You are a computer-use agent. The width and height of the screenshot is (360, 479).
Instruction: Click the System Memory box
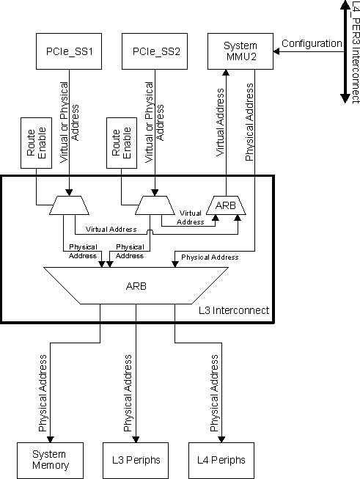(50, 460)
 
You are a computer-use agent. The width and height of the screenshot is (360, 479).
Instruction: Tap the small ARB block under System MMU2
(227, 206)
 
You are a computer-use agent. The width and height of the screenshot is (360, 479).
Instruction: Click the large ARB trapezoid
(136, 285)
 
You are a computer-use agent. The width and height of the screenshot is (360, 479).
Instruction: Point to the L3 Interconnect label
(233, 311)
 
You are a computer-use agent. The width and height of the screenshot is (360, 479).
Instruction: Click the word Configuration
(312, 43)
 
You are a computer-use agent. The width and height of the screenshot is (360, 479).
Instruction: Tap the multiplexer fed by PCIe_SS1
(68, 206)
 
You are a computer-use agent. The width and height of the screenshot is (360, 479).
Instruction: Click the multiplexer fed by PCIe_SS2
(155, 206)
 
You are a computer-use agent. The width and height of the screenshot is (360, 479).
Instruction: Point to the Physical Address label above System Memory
(43, 392)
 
